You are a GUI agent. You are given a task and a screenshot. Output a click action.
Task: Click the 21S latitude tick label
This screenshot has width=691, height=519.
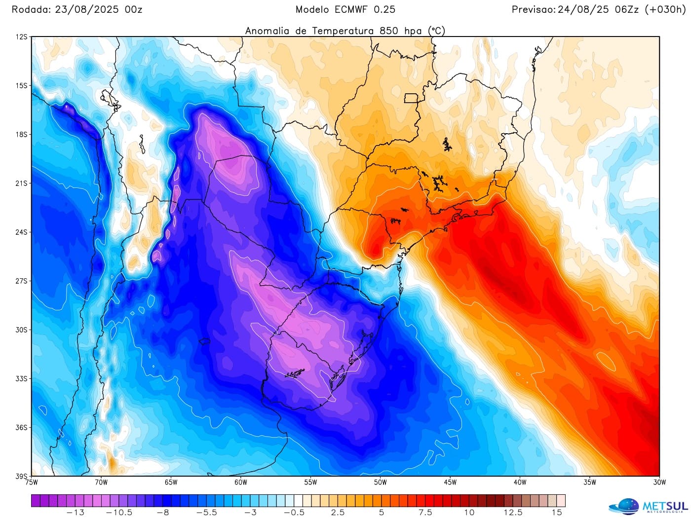pos(22,184)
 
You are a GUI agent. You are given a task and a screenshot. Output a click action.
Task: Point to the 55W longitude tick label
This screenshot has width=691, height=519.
pos(310,482)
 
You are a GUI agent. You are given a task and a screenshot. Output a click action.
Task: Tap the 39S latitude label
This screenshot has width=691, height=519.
pos(22,476)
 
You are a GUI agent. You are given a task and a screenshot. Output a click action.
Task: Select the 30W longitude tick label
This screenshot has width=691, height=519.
pos(659,482)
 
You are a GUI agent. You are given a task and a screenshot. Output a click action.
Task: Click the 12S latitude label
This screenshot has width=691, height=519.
pos(22,37)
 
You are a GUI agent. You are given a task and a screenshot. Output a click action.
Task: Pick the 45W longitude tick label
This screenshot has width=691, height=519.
pos(450,482)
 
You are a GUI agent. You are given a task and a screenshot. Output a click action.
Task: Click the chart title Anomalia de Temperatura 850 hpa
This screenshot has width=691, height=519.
pos(345,31)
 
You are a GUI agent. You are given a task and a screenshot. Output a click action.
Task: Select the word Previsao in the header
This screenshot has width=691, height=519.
pos(533,9)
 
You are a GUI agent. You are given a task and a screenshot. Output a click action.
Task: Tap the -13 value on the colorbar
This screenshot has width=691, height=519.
pos(75,513)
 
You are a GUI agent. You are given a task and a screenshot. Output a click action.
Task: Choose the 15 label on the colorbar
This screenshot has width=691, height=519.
pos(557,513)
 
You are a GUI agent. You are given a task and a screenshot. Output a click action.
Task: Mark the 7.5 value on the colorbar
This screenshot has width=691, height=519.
pos(425,513)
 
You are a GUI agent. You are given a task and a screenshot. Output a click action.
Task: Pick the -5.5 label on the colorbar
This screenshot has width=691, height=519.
pos(206,513)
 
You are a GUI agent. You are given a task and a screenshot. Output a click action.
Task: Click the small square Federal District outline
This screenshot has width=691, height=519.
pos(411,98)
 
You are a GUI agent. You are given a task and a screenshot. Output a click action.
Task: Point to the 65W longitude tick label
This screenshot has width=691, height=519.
pos(171,482)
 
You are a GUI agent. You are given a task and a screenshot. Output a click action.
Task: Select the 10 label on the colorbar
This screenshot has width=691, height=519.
pos(469,513)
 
